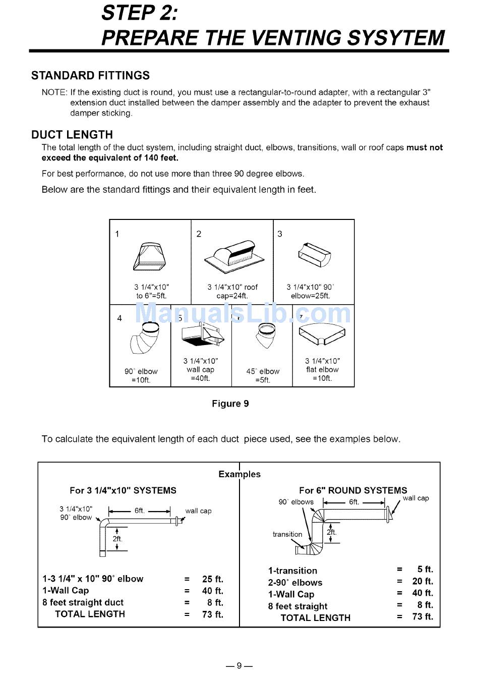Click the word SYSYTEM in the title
(397, 38)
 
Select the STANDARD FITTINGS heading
(90, 76)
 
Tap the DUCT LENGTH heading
(72, 135)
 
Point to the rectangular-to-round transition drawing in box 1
(149, 257)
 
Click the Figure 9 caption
(230, 404)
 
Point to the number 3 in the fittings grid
(280, 234)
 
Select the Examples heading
(239, 474)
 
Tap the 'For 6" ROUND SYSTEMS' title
(353, 490)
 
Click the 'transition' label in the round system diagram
(287, 534)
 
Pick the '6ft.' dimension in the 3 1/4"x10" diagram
(140, 511)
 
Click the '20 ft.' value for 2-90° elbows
(423, 582)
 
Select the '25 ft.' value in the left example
(213, 579)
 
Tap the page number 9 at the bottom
(239, 665)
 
